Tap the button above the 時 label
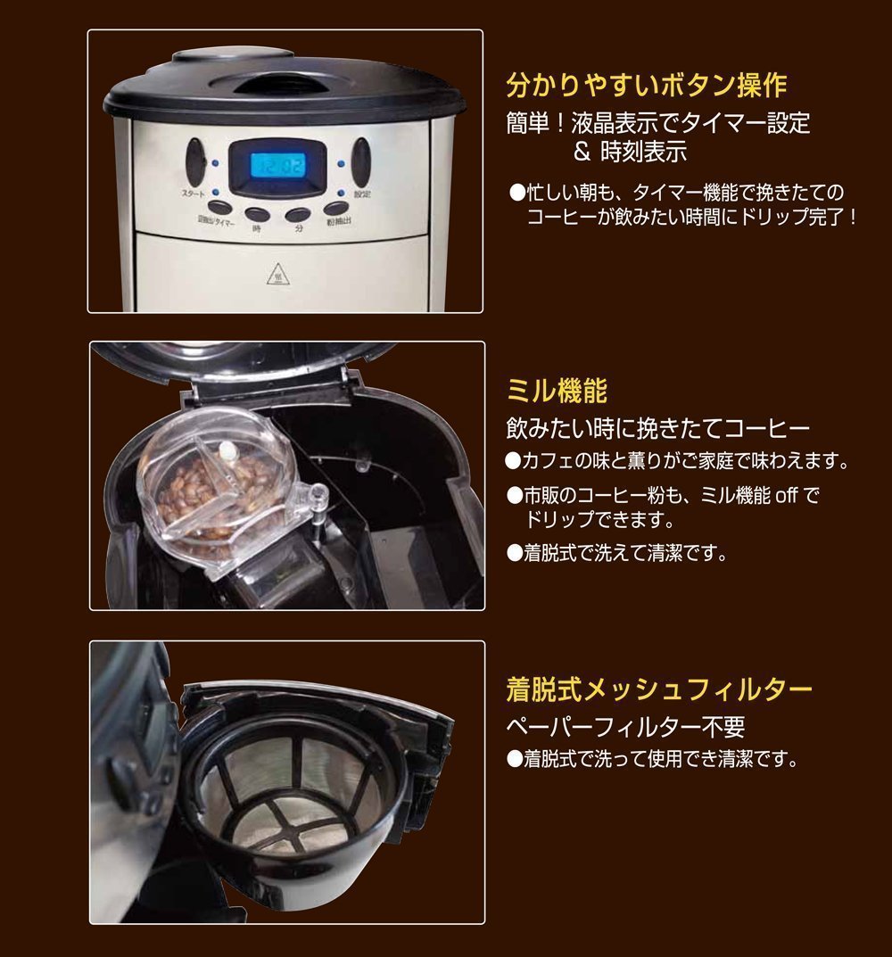click(x=257, y=214)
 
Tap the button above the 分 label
click(x=298, y=214)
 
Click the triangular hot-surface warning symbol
click(x=278, y=276)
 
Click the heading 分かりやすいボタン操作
click(x=647, y=85)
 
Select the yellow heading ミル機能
click(x=557, y=391)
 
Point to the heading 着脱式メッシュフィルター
click(x=659, y=689)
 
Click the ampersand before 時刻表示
click(x=582, y=153)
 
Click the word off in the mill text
click(x=787, y=495)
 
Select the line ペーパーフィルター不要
click(x=626, y=726)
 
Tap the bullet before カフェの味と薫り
click(x=514, y=461)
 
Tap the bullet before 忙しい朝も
click(x=517, y=193)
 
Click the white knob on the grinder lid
click(x=227, y=451)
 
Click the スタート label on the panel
click(x=193, y=194)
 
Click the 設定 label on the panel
click(x=363, y=194)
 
